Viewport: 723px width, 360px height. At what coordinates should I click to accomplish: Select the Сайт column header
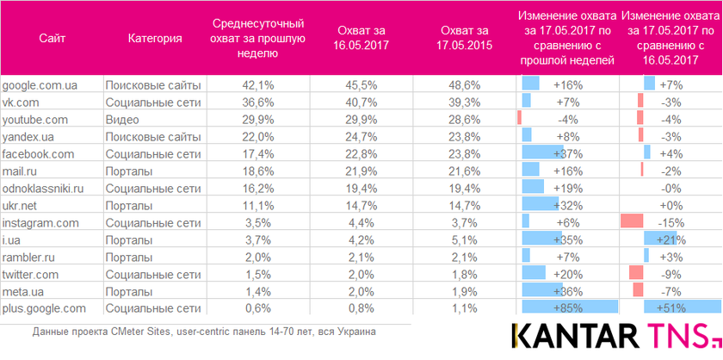(x=52, y=39)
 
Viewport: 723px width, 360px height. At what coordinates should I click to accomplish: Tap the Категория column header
(x=154, y=39)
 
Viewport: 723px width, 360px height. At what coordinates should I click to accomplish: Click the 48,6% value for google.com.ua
(x=466, y=85)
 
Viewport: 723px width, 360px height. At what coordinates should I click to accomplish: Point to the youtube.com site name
(x=35, y=120)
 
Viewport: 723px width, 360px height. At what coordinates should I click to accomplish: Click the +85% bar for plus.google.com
(x=570, y=307)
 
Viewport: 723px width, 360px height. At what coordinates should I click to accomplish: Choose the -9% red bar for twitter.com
(x=636, y=273)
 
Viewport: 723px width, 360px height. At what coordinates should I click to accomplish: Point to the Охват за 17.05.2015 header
(x=466, y=39)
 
